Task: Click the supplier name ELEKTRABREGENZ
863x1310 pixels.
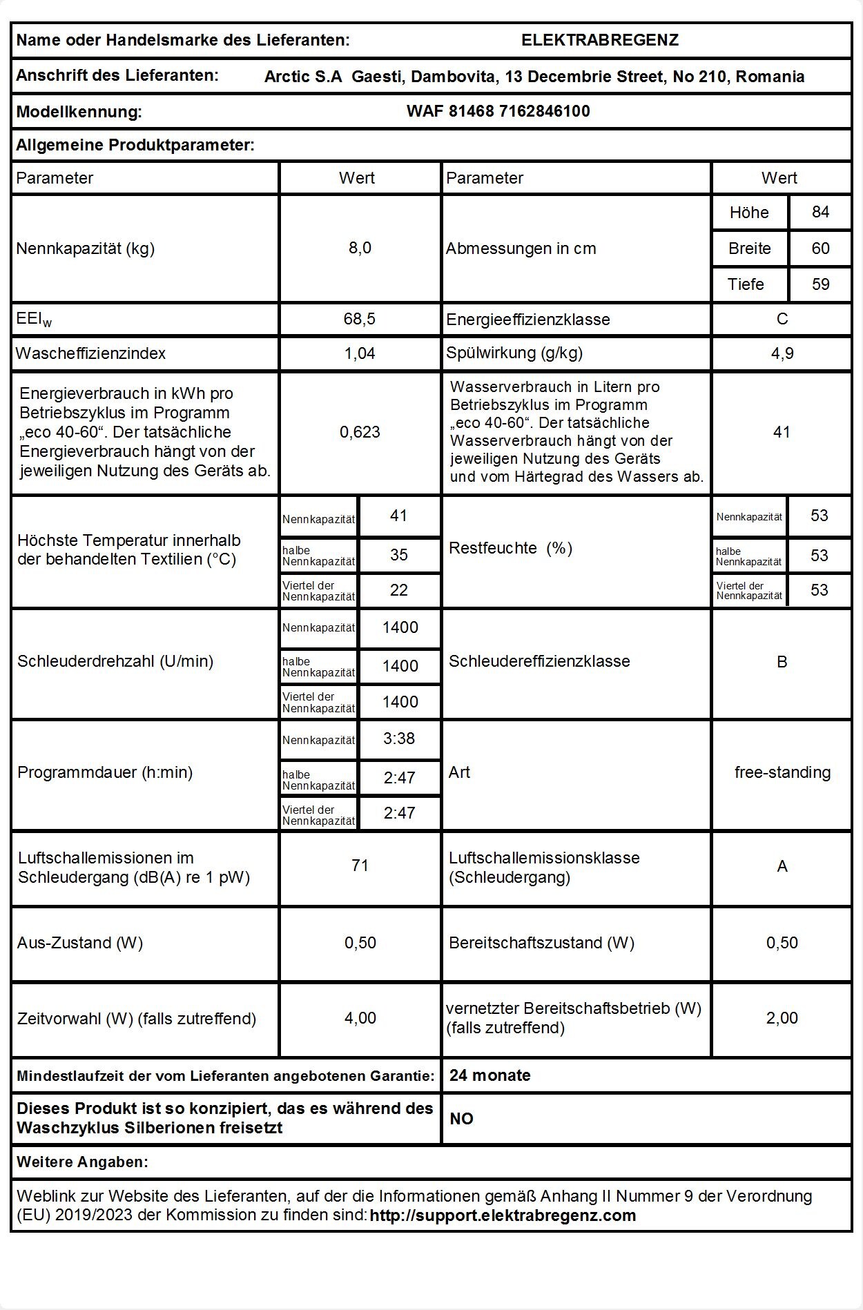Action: click(x=599, y=40)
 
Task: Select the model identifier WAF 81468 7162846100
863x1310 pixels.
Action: click(x=498, y=111)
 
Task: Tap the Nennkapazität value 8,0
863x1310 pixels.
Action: click(x=360, y=248)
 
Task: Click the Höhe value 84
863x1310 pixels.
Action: click(x=820, y=212)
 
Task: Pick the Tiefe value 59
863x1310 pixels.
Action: click(x=820, y=284)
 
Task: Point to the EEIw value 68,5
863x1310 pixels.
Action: click(x=360, y=319)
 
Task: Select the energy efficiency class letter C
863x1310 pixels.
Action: click(x=782, y=319)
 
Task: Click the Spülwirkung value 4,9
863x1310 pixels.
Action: click(x=782, y=353)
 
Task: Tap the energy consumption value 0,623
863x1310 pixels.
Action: click(x=360, y=432)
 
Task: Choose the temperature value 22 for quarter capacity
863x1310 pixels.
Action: click(x=399, y=590)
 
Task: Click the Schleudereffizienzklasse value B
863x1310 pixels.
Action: click(x=782, y=662)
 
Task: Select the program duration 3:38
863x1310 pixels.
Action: click(x=399, y=739)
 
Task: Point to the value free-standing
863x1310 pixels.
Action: click(x=782, y=772)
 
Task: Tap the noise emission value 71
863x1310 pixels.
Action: click(x=360, y=866)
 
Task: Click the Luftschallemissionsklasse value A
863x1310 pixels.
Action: click(x=782, y=866)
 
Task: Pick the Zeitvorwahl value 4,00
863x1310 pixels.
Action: click(x=360, y=1018)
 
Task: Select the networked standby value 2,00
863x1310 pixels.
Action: click(x=782, y=1018)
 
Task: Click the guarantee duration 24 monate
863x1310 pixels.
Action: click(x=489, y=1075)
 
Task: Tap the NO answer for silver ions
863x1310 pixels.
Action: click(x=461, y=1119)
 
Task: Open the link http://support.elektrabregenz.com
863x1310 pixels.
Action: click(x=503, y=1215)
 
